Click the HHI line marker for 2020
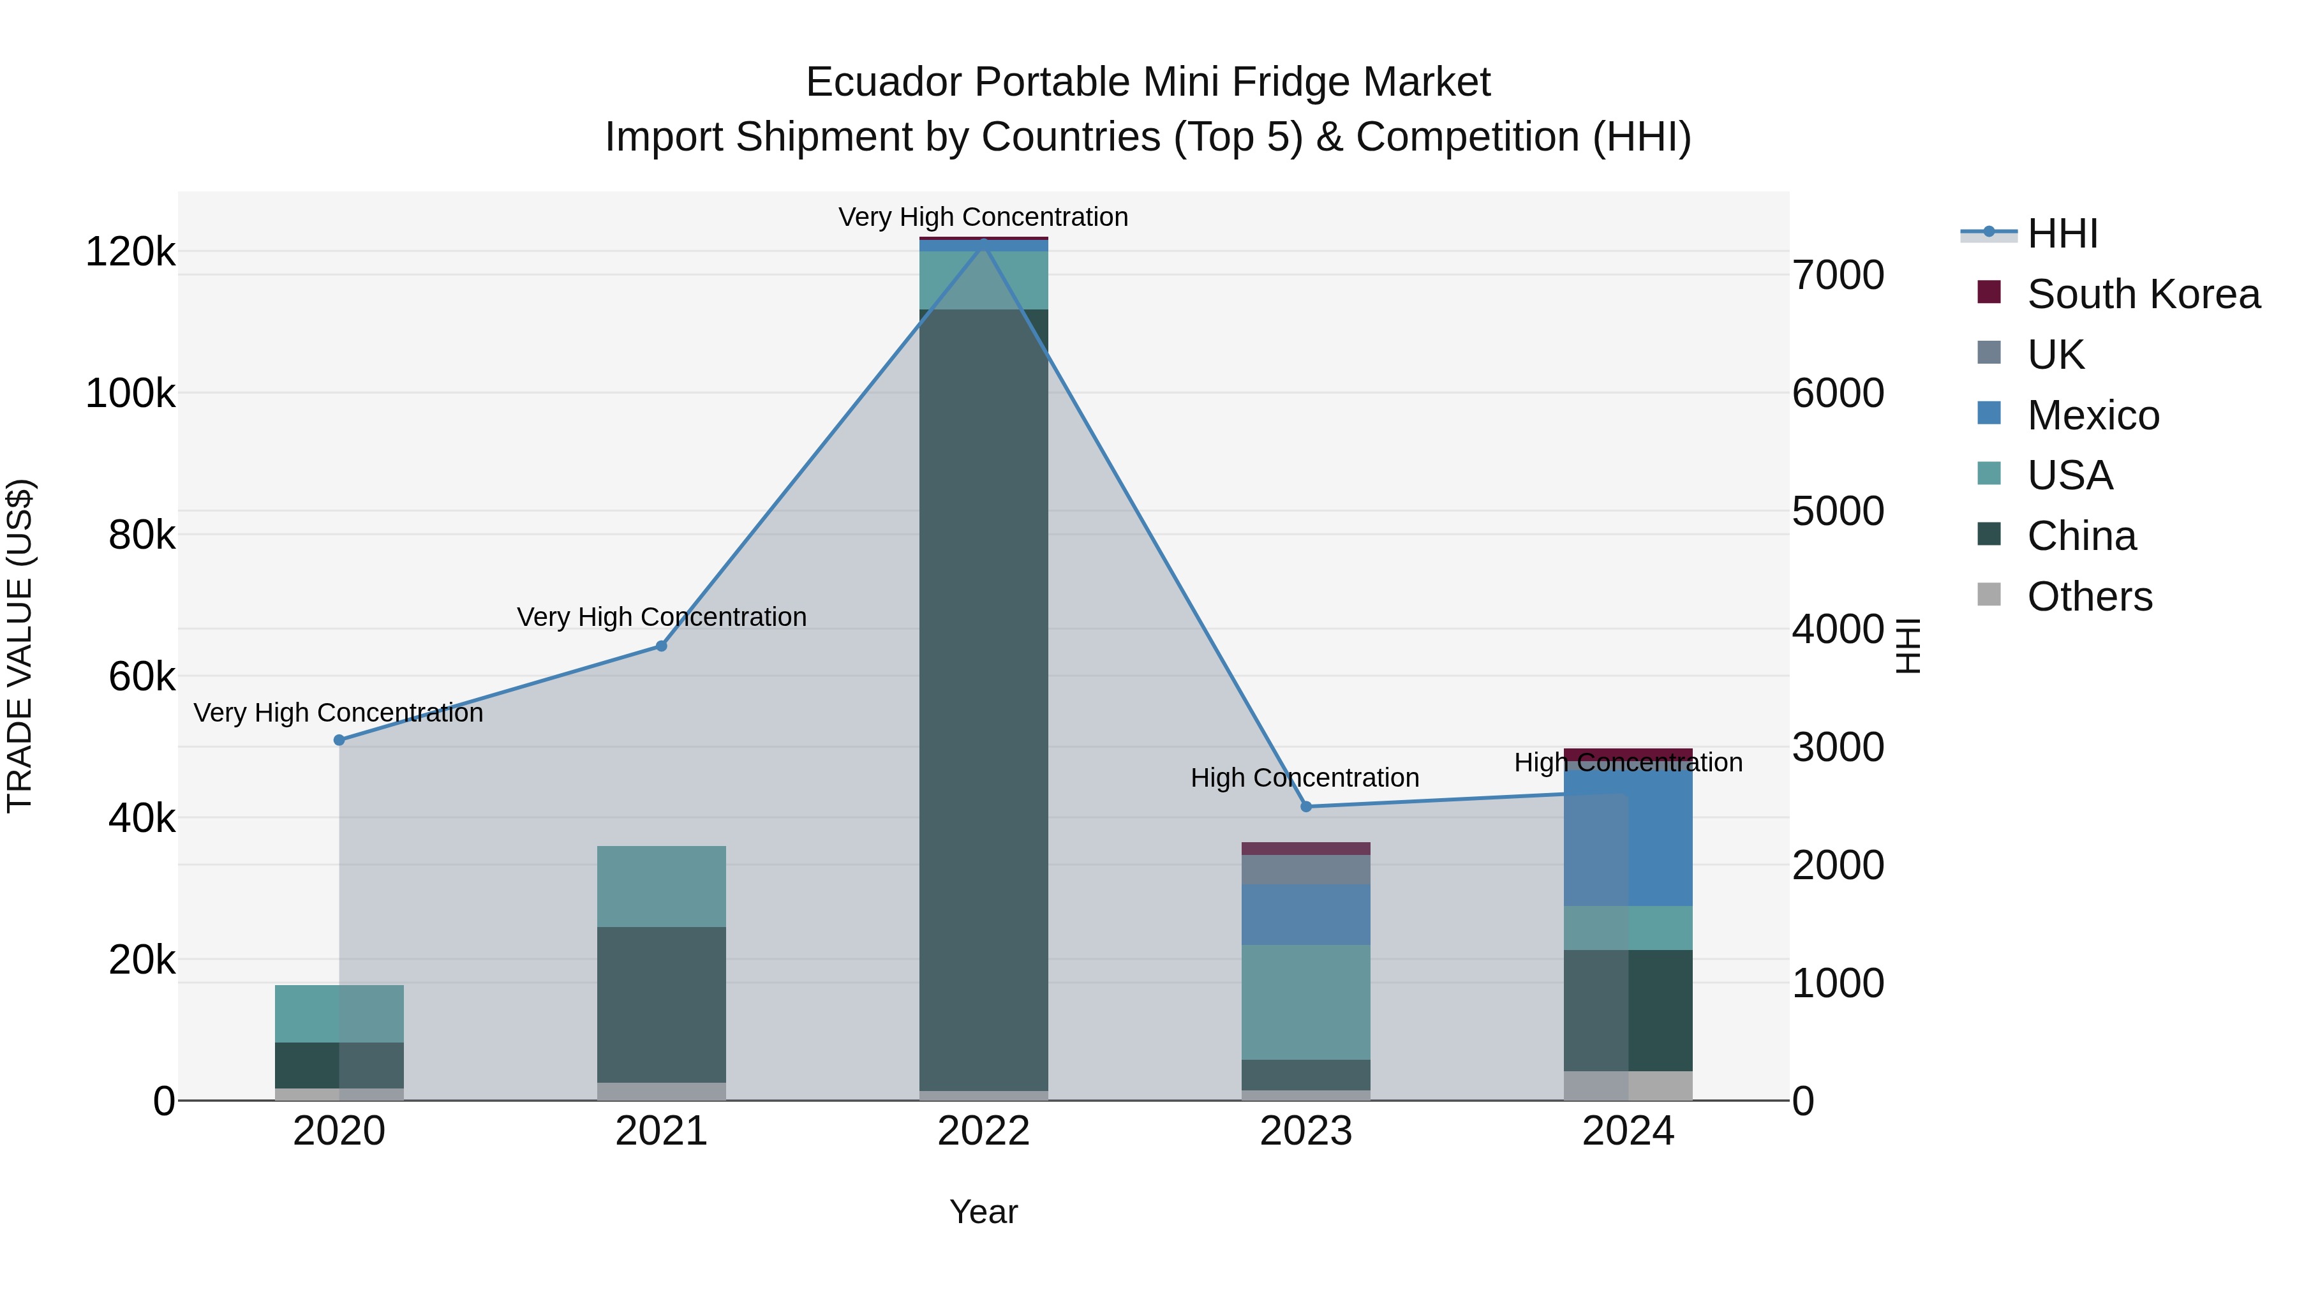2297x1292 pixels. coord(339,740)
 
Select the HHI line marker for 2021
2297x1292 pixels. coord(662,646)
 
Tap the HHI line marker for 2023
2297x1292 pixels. coord(1306,807)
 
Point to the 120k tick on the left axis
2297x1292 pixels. coord(130,252)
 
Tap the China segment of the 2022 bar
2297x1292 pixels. coord(983,695)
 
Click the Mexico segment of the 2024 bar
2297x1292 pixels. coord(1628,838)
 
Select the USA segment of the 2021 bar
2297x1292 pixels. coord(662,886)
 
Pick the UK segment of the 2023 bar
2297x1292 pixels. coord(1306,870)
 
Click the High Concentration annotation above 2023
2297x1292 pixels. coord(1305,778)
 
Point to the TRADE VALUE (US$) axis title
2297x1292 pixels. coord(20,646)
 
